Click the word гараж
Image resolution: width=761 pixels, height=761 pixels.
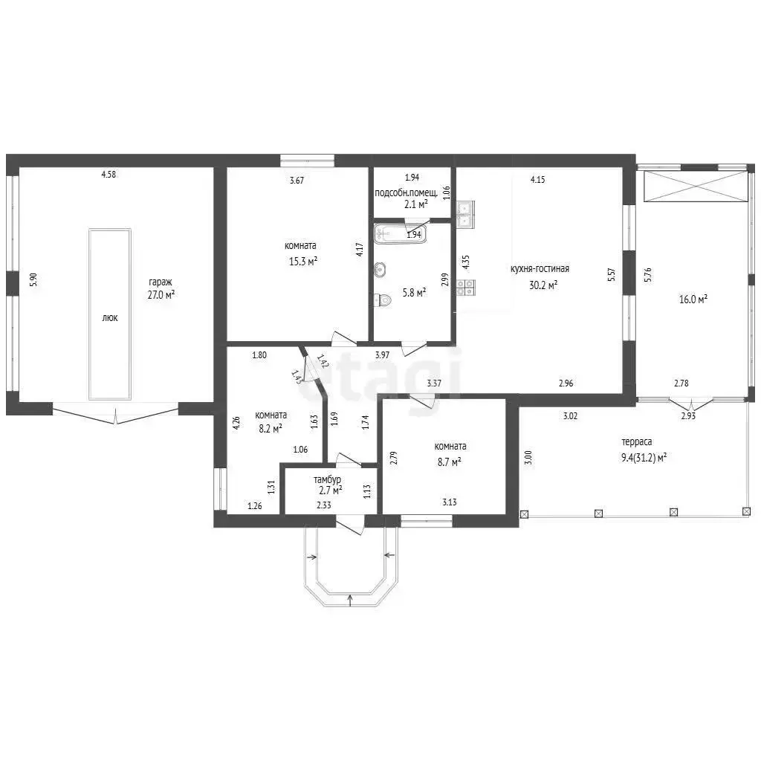coord(161,282)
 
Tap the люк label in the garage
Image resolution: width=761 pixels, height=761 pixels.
coord(110,318)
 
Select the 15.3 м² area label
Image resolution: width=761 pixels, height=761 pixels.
coord(303,262)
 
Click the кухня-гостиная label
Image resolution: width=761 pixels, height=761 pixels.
coord(540,268)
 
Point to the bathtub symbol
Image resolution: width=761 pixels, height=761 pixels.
coord(400,233)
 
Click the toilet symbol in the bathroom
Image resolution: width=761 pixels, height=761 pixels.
coord(383,300)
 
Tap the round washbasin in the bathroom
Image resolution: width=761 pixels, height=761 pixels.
coord(380,269)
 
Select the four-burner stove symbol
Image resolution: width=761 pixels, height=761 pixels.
coord(466,288)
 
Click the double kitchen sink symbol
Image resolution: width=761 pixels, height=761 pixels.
coord(465,214)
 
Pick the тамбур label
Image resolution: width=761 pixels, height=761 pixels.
coord(327,480)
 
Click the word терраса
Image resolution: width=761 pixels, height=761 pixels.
coord(637,442)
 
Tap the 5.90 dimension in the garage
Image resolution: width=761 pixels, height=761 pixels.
coord(33,280)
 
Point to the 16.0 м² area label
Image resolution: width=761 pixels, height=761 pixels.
coord(693,299)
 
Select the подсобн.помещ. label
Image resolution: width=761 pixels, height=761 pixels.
coord(407,192)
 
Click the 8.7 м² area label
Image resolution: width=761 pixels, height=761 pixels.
coord(449,462)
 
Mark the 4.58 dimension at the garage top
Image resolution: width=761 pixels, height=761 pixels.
coord(109,174)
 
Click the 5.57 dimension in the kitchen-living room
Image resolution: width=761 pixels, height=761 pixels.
coord(612,275)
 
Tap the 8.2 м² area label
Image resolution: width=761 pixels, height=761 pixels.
coord(271,429)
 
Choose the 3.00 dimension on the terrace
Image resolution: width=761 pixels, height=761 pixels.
coord(529,458)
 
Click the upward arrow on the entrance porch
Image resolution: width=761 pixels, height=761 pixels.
coord(351,600)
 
